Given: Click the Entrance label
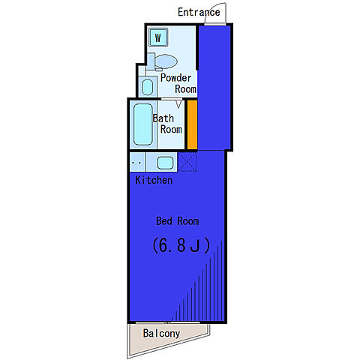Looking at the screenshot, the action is [199, 12].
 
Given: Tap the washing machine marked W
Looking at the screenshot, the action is [158, 37].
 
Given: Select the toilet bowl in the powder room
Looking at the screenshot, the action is [166, 61].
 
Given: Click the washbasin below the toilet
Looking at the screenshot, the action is [147, 87].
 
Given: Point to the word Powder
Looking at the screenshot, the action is [175, 78].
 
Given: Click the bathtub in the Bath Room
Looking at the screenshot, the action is [143, 124].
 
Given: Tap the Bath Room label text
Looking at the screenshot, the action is [167, 124].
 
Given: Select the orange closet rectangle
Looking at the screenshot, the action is [193, 124].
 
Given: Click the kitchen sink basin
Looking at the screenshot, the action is [165, 163].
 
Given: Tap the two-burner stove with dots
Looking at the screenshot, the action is [137, 162].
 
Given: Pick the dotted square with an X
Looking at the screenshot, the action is [187, 162].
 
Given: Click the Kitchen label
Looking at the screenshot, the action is [154, 180].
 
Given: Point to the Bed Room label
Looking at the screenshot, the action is [178, 221].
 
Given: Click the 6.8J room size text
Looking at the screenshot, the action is [181, 245].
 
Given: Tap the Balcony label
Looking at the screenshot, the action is [161, 334].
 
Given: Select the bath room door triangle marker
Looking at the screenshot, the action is [178, 104].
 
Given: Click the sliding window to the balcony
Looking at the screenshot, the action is [168, 322].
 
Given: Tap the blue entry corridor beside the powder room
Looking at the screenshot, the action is [214, 88].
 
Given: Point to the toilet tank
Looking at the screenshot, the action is [151, 61].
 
